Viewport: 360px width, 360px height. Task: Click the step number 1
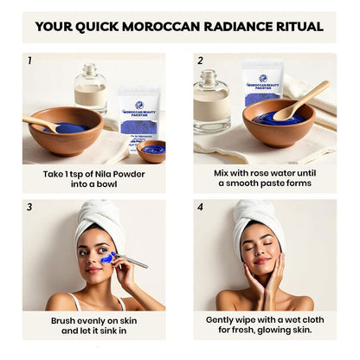(29, 61)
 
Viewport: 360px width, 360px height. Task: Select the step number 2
(200, 61)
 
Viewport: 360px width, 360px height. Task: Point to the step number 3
(29, 208)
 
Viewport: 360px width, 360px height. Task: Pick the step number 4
(200, 208)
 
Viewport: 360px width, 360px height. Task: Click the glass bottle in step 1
(89, 88)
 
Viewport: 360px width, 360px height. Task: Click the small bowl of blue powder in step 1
(152, 151)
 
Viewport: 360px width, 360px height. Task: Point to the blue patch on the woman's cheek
(106, 257)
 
